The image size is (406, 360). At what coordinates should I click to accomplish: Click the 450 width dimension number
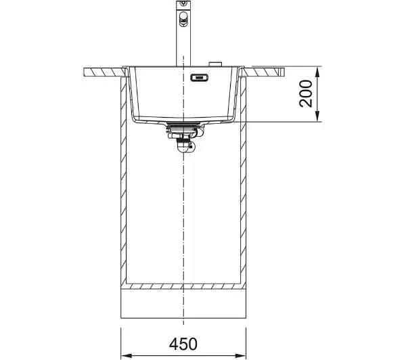[183, 344]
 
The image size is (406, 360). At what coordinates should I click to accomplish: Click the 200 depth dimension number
[306, 93]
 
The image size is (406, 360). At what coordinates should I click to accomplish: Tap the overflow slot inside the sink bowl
[199, 77]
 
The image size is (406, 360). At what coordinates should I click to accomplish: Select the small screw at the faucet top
[183, 3]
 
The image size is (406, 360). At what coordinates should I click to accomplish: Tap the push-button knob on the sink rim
[215, 64]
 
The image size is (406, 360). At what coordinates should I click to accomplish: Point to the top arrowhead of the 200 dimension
[318, 72]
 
